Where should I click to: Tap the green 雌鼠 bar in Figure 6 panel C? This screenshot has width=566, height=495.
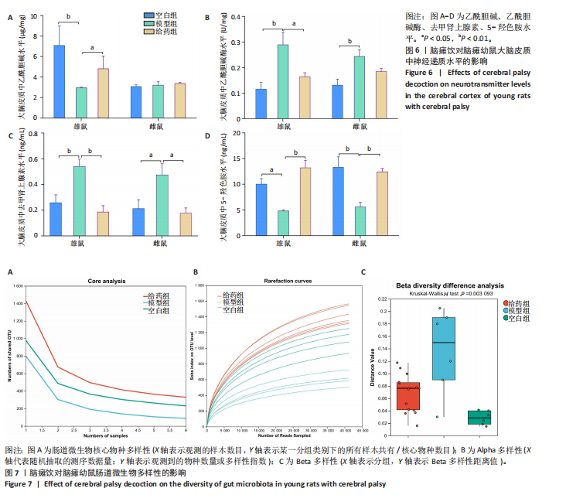click(162, 203)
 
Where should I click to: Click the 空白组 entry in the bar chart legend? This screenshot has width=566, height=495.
click(161, 15)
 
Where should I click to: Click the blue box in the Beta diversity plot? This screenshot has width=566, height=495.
click(443, 348)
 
